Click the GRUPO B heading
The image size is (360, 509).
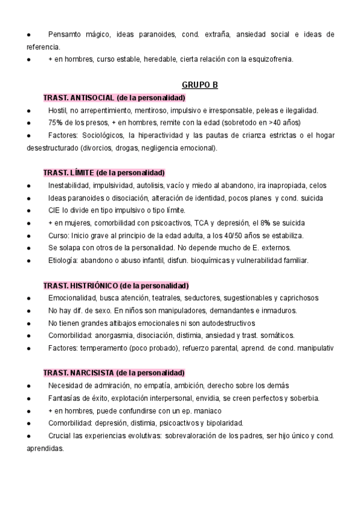[x=200, y=85]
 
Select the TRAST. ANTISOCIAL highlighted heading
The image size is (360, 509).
[x=114, y=98]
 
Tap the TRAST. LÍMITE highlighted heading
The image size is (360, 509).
[x=104, y=173]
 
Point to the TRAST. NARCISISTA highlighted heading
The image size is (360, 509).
[x=114, y=373]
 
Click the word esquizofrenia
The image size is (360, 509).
[x=274, y=59]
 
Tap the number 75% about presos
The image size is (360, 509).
[x=56, y=123]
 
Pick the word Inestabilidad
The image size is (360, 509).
[x=70, y=185]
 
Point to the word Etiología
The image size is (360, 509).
[x=64, y=261]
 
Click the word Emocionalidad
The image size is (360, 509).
[x=74, y=298]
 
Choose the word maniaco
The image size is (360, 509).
[x=206, y=411]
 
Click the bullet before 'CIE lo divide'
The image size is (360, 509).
[x=29, y=211]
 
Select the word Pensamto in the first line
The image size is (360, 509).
[x=67, y=34]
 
